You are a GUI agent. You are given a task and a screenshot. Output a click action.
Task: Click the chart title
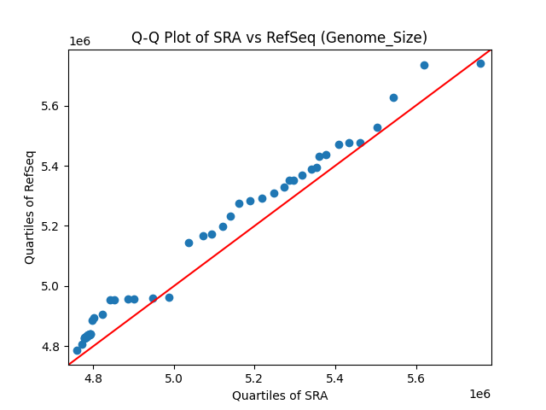(x=279, y=38)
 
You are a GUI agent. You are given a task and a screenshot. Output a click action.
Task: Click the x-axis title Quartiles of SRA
(x=279, y=395)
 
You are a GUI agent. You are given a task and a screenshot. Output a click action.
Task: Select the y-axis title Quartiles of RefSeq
(x=30, y=207)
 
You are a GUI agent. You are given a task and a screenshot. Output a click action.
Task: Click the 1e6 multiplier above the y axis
(x=79, y=41)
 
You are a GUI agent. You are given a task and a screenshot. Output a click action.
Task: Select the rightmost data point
(x=480, y=63)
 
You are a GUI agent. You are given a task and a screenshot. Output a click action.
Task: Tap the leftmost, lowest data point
(x=77, y=350)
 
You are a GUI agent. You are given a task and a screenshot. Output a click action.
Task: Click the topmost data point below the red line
(x=480, y=63)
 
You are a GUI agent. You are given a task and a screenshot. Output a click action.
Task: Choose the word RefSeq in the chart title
(x=334, y=38)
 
